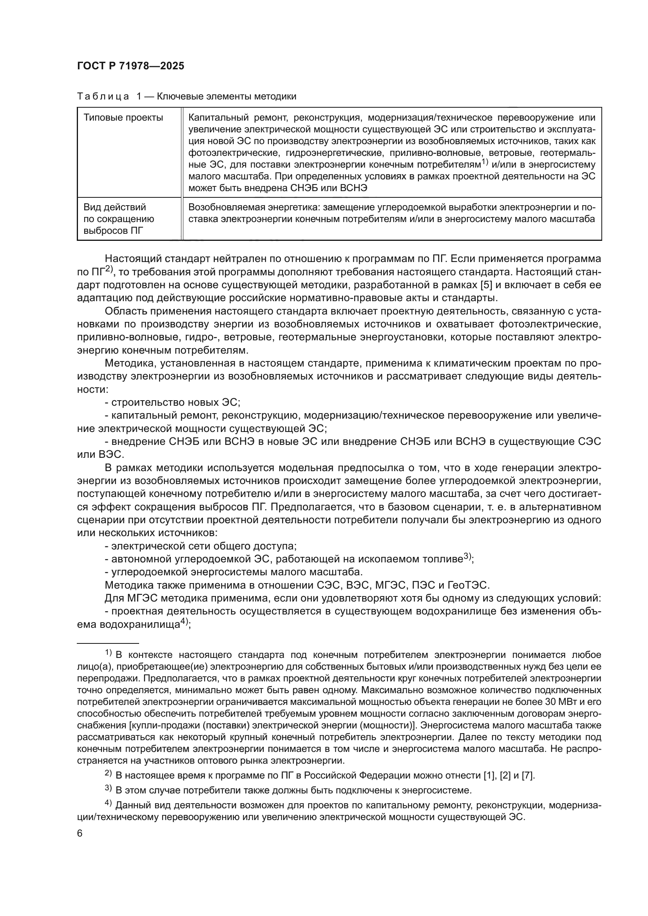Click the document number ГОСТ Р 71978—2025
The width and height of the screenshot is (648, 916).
[130, 66]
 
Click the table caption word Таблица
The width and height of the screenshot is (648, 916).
[103, 97]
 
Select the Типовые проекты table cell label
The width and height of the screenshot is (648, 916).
[123, 118]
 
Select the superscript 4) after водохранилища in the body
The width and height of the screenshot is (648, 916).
[185, 622]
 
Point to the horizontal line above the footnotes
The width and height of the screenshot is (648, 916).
[108, 643]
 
